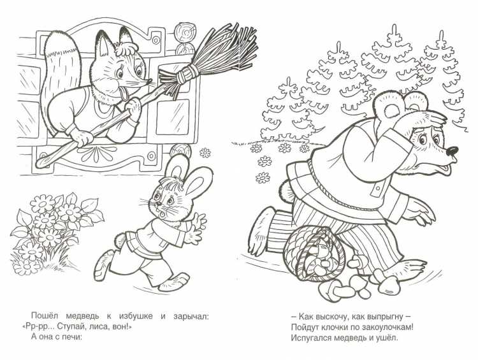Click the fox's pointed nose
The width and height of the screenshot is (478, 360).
(150, 81)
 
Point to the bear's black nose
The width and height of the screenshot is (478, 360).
(451, 152)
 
